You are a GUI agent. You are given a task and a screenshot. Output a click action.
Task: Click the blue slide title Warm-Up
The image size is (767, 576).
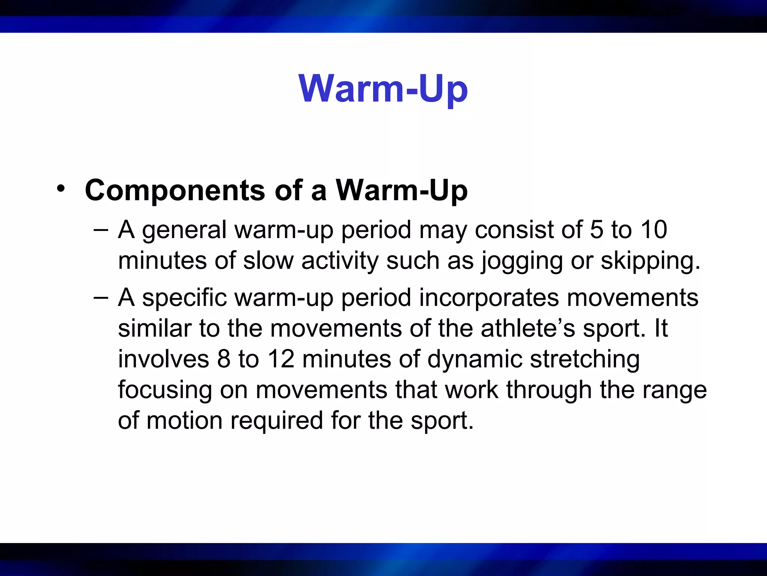click(383, 89)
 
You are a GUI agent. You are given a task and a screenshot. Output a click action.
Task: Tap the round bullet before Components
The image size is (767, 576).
click(61, 189)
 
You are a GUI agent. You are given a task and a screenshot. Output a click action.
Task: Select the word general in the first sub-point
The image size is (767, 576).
click(184, 230)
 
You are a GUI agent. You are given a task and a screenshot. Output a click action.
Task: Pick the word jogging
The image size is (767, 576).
click(522, 261)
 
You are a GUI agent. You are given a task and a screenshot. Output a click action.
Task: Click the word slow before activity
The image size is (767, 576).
click(268, 261)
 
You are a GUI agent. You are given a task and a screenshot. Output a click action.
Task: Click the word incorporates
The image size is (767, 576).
click(489, 298)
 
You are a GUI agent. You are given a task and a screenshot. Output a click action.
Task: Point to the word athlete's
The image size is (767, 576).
click(528, 328)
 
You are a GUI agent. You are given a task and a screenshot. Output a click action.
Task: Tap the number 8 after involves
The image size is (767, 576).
click(224, 359)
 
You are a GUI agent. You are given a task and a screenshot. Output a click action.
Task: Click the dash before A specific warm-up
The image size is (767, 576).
click(101, 298)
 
